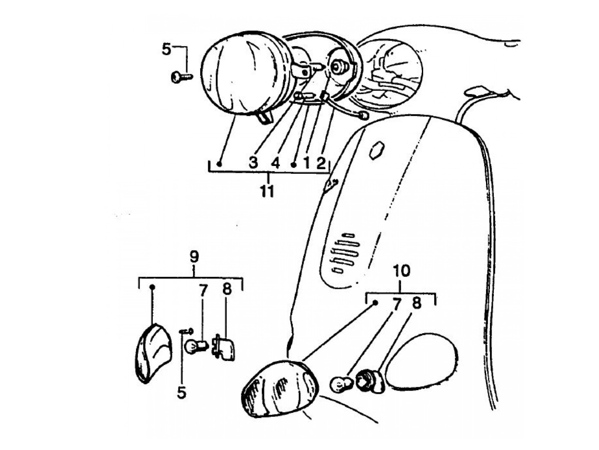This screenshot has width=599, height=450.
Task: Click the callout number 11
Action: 267,191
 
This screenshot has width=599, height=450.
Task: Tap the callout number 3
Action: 253,163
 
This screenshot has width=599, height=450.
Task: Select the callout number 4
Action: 275,163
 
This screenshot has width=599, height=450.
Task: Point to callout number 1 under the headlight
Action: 306,163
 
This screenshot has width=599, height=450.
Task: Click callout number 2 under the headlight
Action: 321,163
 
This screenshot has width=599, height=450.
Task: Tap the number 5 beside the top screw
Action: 166,49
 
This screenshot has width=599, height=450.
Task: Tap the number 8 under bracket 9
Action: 226,289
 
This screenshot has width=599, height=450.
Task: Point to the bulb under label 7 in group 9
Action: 195,345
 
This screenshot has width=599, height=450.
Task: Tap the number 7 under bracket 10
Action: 397,305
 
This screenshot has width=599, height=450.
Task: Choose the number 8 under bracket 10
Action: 416,303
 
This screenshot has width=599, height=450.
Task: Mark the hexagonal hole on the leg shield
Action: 377,150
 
